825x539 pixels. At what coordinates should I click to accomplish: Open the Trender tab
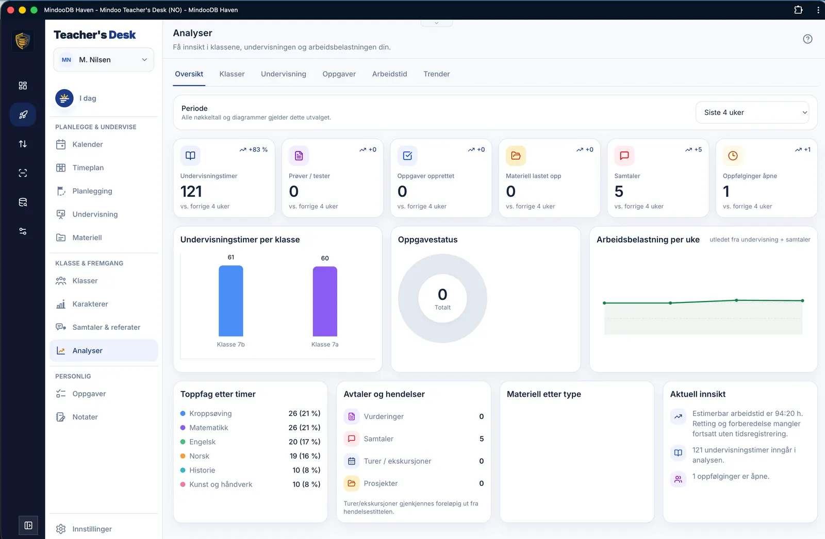[x=436, y=74]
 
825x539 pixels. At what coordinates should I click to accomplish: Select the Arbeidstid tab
[x=389, y=74]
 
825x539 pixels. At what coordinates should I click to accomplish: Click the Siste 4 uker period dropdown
[x=752, y=112]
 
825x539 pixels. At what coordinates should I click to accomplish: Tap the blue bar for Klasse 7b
[x=231, y=301]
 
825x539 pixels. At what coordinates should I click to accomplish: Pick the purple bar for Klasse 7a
[x=325, y=301]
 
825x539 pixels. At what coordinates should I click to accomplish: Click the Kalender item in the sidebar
[x=87, y=144]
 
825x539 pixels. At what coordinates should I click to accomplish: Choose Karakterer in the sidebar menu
[x=90, y=304]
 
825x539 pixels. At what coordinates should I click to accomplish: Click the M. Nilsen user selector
[x=104, y=60]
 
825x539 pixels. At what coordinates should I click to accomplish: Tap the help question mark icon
[x=807, y=39]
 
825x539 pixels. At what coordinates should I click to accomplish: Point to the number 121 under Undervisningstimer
[x=191, y=192]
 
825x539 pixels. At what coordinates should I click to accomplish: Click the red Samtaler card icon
[x=624, y=156]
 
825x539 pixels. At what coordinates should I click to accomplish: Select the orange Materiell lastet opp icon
[x=516, y=156]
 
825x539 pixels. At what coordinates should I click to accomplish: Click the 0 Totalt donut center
[x=442, y=298]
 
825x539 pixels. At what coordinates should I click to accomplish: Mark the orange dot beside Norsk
[x=183, y=456]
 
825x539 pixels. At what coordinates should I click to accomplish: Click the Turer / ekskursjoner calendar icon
[x=352, y=461]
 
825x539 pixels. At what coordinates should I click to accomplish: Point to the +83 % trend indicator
[x=253, y=149]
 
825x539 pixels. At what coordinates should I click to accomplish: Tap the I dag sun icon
[x=64, y=98]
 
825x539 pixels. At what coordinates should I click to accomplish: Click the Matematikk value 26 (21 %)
[x=304, y=428]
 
